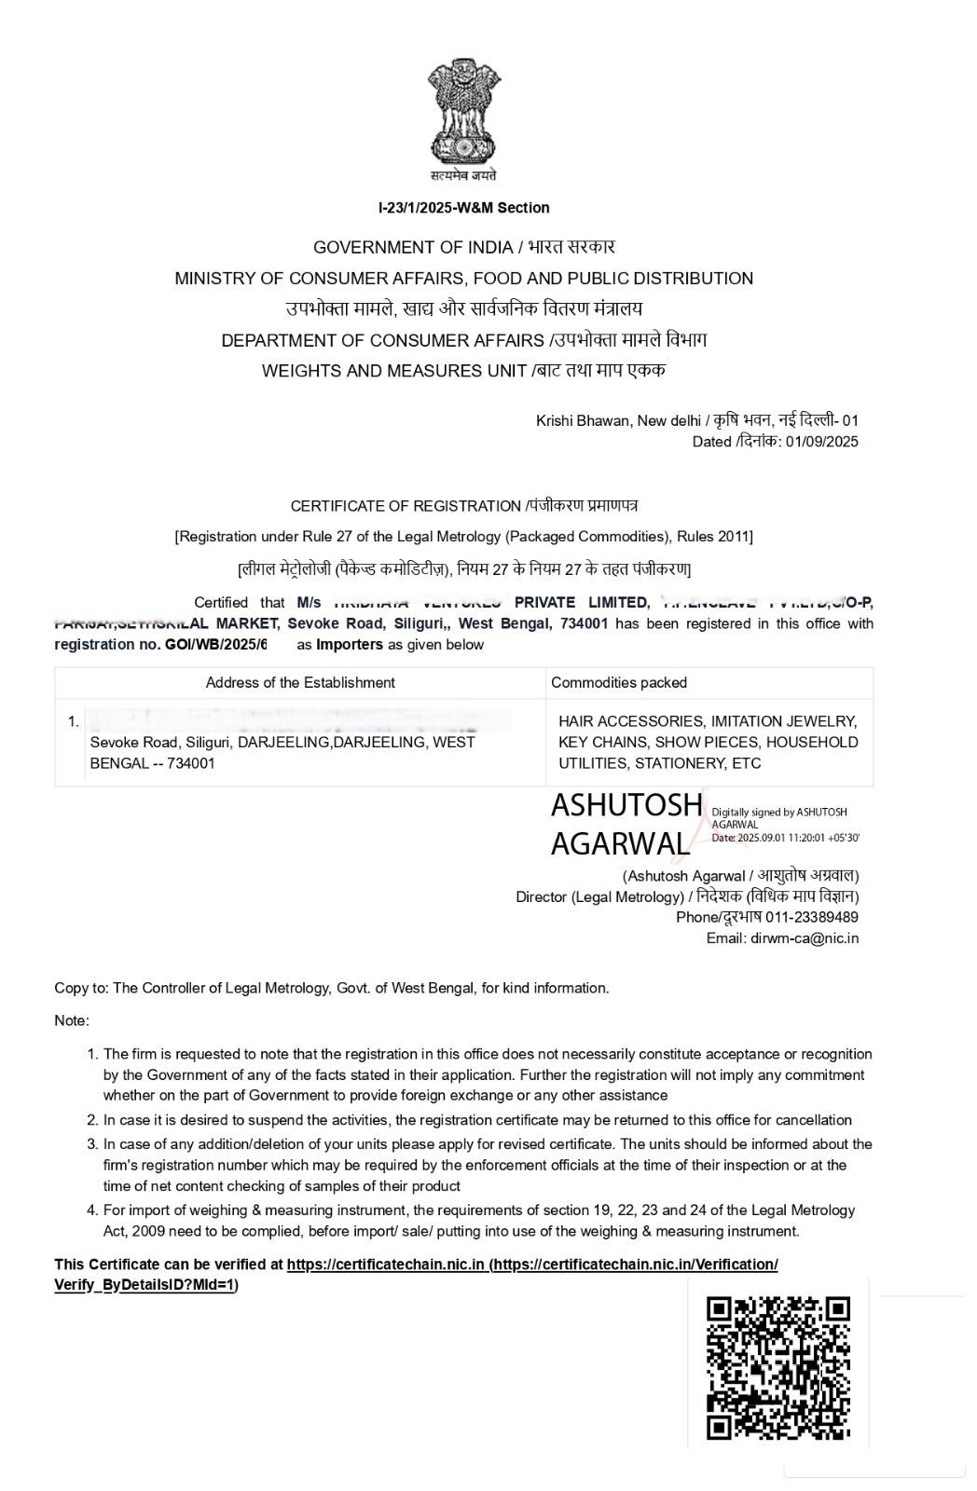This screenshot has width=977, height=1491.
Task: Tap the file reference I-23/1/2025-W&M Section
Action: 463,208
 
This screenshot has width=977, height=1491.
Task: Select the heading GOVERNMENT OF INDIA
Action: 413,247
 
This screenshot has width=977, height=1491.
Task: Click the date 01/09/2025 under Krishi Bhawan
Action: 821,442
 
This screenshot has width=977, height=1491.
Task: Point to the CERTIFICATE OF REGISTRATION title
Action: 406,506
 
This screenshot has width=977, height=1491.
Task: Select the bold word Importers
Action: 350,645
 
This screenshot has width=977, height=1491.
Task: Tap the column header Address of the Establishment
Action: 300,683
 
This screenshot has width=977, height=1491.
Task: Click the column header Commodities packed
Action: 619,683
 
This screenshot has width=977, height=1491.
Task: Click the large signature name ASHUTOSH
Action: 626,804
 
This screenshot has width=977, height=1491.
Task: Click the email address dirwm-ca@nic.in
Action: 805,938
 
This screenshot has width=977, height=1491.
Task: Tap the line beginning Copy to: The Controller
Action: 331,988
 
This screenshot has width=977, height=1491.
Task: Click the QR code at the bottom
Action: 778,1368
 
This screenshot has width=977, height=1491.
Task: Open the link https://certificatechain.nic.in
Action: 385,1265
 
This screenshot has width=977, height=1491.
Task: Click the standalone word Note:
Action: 72,1020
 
